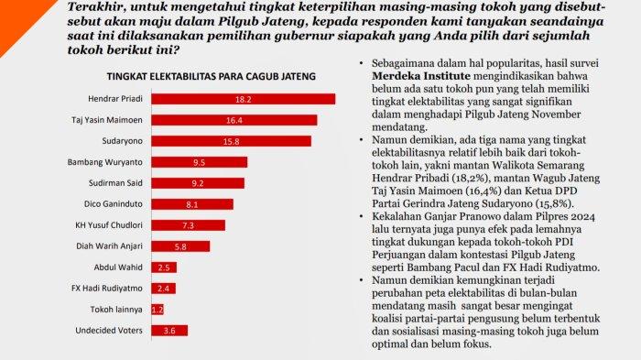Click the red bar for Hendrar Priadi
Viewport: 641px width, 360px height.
[x=244, y=99]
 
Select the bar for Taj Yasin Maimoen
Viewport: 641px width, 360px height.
[x=234, y=120]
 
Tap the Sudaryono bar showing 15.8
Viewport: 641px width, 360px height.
[x=232, y=141]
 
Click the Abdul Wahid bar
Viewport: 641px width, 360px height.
[x=164, y=267]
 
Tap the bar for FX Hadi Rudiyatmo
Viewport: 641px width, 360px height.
[x=164, y=289]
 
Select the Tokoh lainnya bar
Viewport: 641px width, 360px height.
[x=158, y=310]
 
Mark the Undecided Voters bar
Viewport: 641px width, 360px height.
[x=169, y=331]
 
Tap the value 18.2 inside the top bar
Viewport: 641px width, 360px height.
[x=244, y=99]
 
